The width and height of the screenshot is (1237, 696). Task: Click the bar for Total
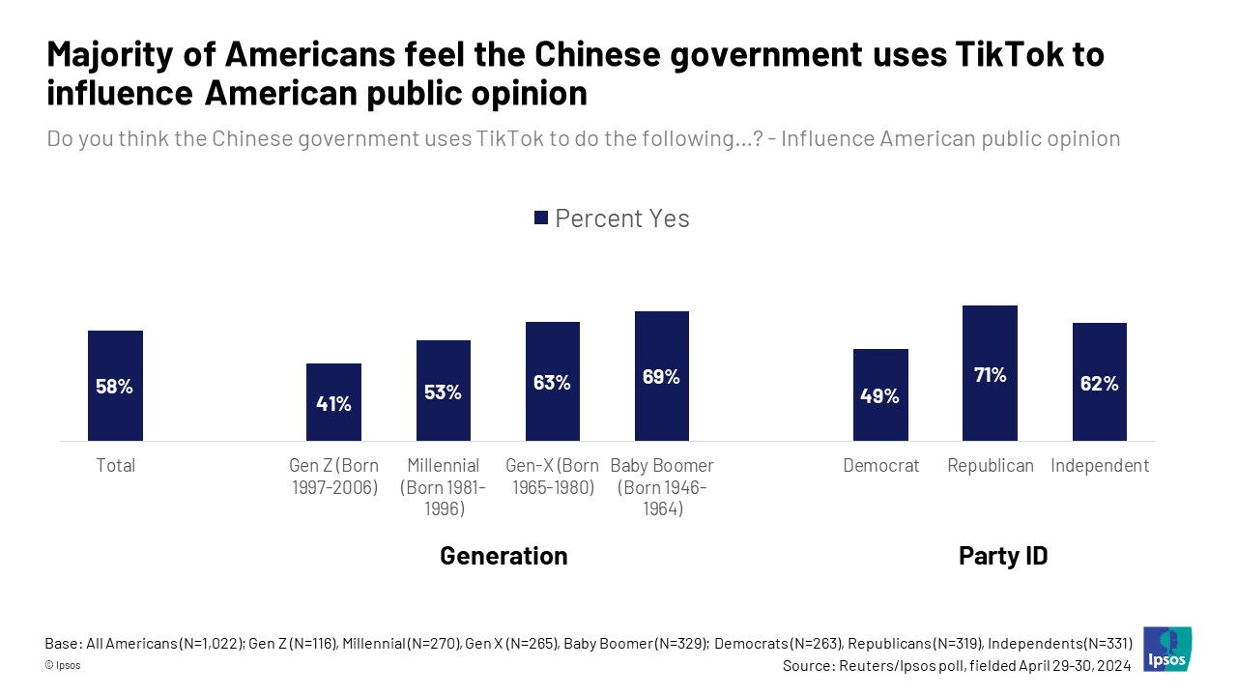(x=115, y=386)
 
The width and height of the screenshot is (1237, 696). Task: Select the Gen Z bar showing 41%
(x=333, y=402)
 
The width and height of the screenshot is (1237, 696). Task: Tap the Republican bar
(x=990, y=373)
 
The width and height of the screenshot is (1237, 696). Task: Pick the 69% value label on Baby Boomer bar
(x=661, y=377)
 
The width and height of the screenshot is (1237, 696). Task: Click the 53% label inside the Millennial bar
(x=443, y=392)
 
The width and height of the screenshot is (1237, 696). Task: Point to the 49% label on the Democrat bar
(x=880, y=395)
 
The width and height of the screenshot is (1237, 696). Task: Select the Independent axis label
(x=1100, y=466)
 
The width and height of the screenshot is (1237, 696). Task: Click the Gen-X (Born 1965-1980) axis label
(x=552, y=477)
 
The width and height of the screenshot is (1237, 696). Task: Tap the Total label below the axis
(x=115, y=466)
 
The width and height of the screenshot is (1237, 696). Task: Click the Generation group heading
(x=503, y=556)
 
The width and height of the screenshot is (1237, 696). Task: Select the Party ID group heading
(x=1002, y=556)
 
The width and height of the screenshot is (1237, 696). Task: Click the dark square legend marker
(x=541, y=218)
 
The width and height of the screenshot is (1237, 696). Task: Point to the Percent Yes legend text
(x=622, y=218)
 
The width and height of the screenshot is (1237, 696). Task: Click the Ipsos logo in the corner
(x=1167, y=649)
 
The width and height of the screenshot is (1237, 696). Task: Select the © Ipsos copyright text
(x=63, y=666)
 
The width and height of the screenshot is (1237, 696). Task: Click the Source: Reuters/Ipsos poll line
(x=957, y=666)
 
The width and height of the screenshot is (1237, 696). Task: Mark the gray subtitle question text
(x=583, y=138)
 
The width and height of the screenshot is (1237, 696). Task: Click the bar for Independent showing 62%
(x=1099, y=382)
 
